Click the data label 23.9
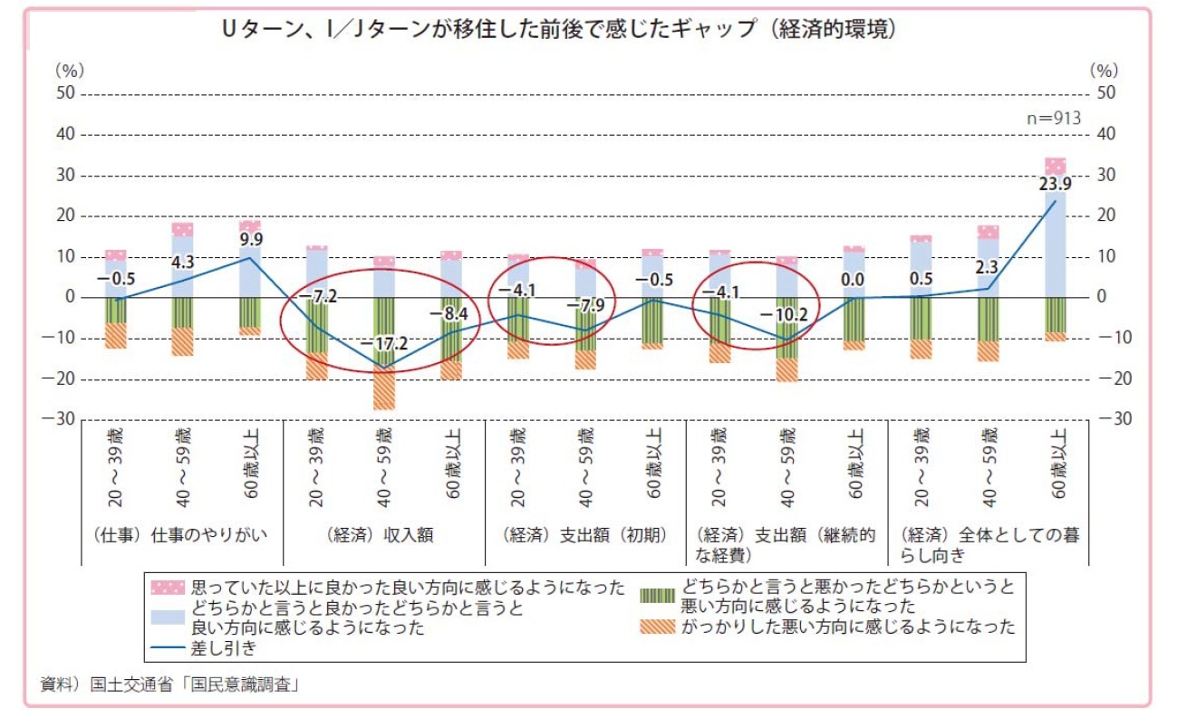coord(1055,184)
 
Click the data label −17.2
coord(384,345)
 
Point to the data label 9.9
coord(251,240)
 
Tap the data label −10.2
coord(784,315)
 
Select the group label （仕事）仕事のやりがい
coord(180,534)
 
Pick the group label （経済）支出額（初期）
coord(587,534)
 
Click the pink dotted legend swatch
coord(168,588)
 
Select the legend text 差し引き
coord(223,647)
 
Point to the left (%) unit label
coord(69,69)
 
